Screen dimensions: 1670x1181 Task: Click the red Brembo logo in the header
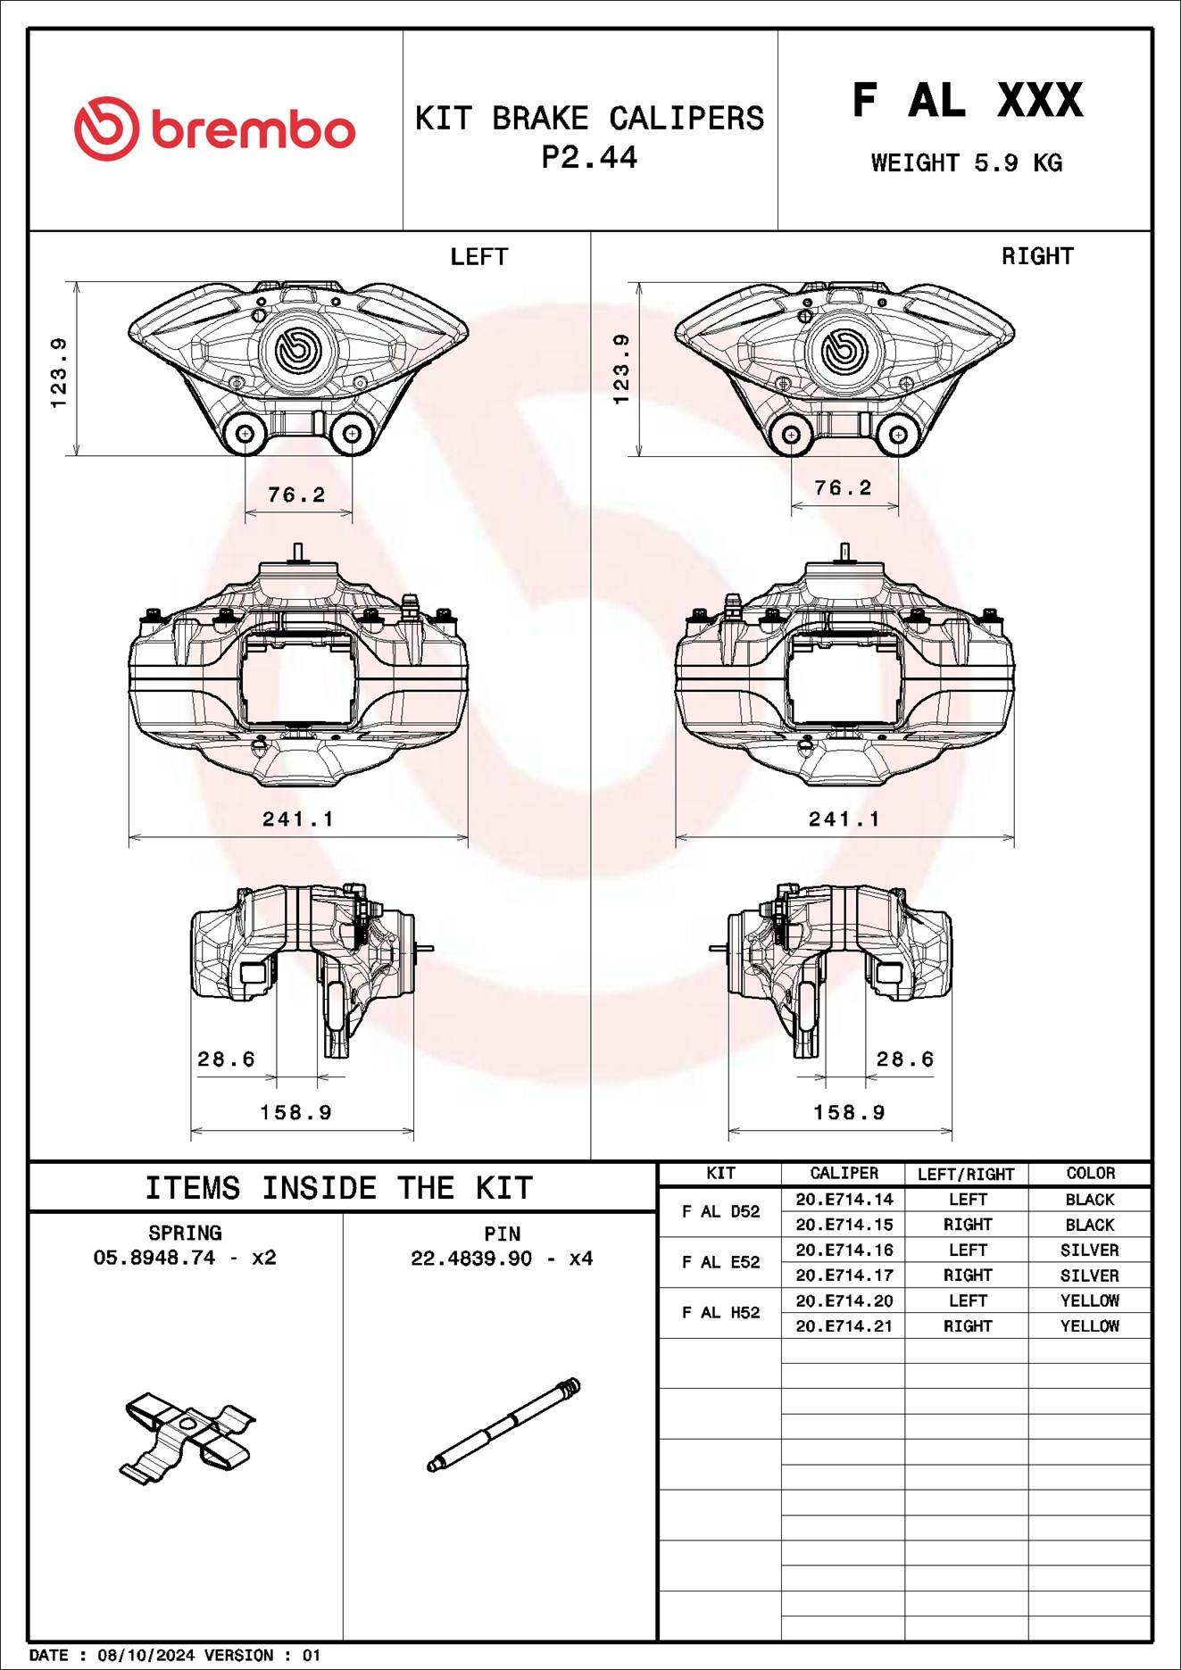(214, 129)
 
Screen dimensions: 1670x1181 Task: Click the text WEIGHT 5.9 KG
(966, 163)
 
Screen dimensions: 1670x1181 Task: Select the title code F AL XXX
(967, 100)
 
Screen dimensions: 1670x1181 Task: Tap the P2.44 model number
(589, 158)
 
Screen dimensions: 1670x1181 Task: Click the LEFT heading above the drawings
(478, 257)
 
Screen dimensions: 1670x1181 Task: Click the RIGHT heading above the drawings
(1036, 256)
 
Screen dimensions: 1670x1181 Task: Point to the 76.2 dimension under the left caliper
(296, 494)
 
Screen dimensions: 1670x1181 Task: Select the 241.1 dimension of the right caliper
(844, 818)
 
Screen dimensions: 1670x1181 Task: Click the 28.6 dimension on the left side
(226, 1059)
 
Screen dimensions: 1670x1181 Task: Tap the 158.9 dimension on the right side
(849, 1112)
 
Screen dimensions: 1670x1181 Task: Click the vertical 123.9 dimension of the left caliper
(59, 372)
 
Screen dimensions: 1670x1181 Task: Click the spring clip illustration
(187, 1436)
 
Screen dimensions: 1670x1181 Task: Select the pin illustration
(503, 1425)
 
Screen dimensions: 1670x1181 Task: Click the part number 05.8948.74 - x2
(185, 1258)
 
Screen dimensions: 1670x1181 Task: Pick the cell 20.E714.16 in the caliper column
(844, 1250)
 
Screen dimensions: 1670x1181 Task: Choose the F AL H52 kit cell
(720, 1312)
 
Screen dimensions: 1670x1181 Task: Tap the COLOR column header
(1090, 1173)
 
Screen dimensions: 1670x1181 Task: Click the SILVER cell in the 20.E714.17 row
(1090, 1275)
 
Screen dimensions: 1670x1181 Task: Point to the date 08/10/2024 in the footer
(146, 1655)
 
